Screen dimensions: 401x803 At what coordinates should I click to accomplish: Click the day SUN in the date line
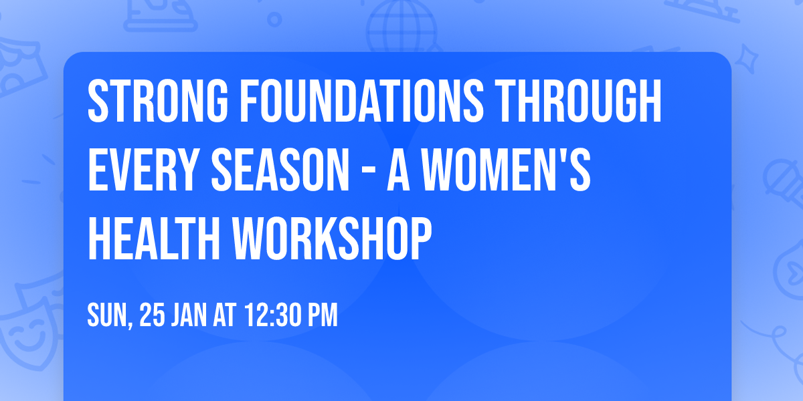107,315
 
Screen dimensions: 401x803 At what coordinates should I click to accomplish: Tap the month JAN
191,315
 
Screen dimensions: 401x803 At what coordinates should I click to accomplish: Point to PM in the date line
321,315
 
